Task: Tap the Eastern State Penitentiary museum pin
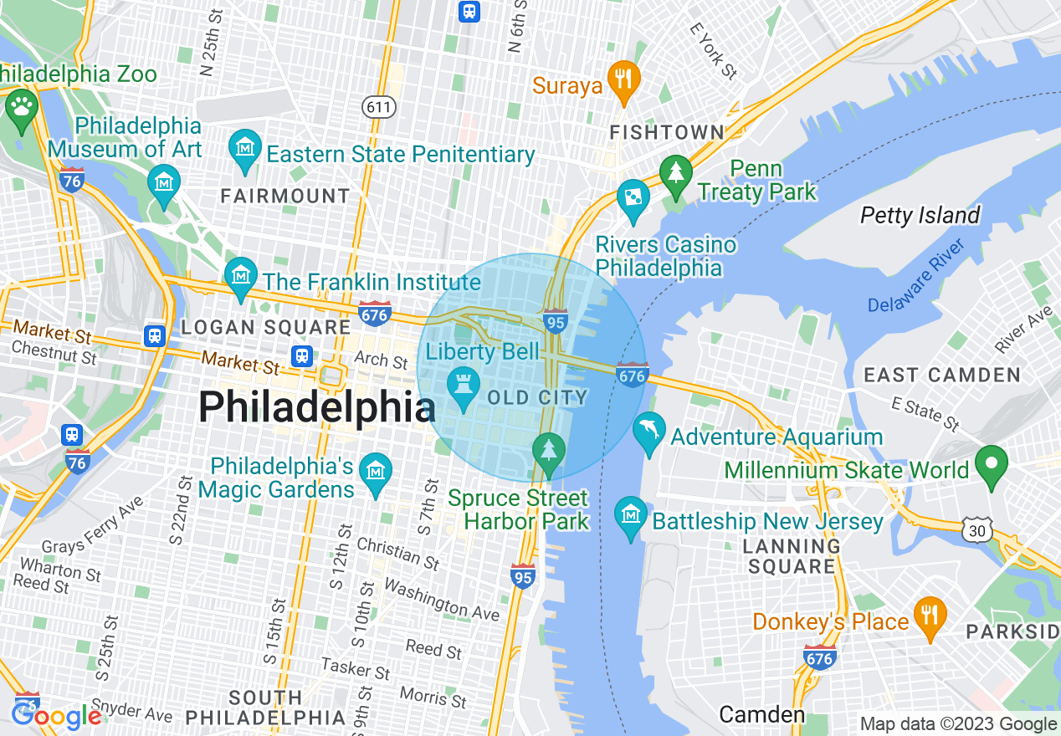click(244, 149)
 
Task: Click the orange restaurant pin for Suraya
click(623, 79)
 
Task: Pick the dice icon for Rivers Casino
click(633, 198)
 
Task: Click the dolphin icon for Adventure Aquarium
click(648, 431)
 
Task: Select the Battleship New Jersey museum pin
click(631, 515)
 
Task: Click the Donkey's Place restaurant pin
click(930, 616)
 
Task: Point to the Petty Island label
click(920, 216)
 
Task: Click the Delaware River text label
click(915, 277)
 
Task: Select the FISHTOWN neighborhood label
click(666, 132)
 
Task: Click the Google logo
click(56, 716)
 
